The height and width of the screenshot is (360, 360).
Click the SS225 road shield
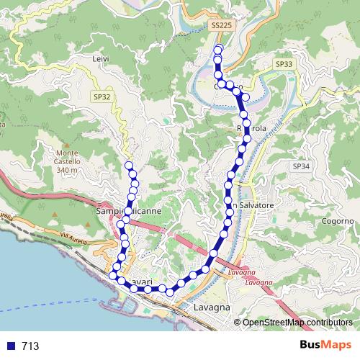pos(222,25)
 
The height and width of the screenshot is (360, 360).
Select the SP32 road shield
pos(102,96)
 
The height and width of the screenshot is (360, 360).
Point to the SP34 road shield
pos(301,166)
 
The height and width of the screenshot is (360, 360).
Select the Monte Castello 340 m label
pos(68,161)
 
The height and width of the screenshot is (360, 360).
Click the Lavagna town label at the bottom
pos(212,307)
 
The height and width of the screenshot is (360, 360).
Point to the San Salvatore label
pos(251,206)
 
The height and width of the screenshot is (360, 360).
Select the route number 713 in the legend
pos(30,346)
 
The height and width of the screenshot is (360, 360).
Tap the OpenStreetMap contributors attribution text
pos(294,322)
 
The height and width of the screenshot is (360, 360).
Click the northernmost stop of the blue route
pos(219,49)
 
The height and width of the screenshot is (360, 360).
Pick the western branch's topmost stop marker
pos(130,166)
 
